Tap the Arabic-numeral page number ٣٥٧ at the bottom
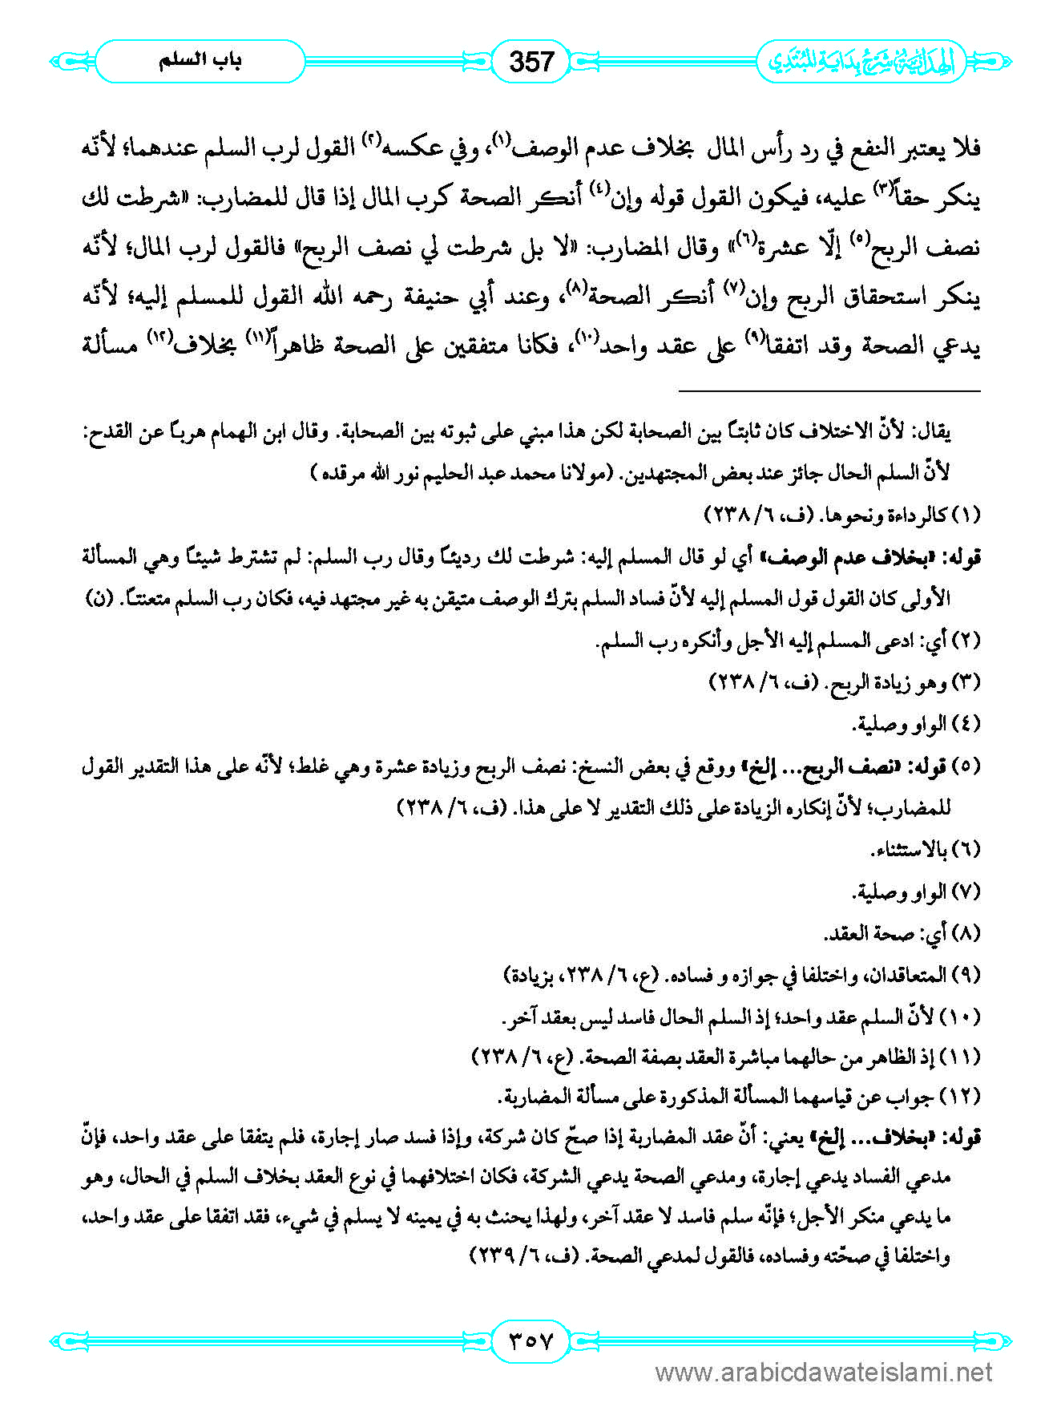point(531,1340)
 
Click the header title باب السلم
point(200,61)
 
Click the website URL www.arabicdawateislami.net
point(824,1373)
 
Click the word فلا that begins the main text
point(963,149)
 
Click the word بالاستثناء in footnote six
point(909,850)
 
